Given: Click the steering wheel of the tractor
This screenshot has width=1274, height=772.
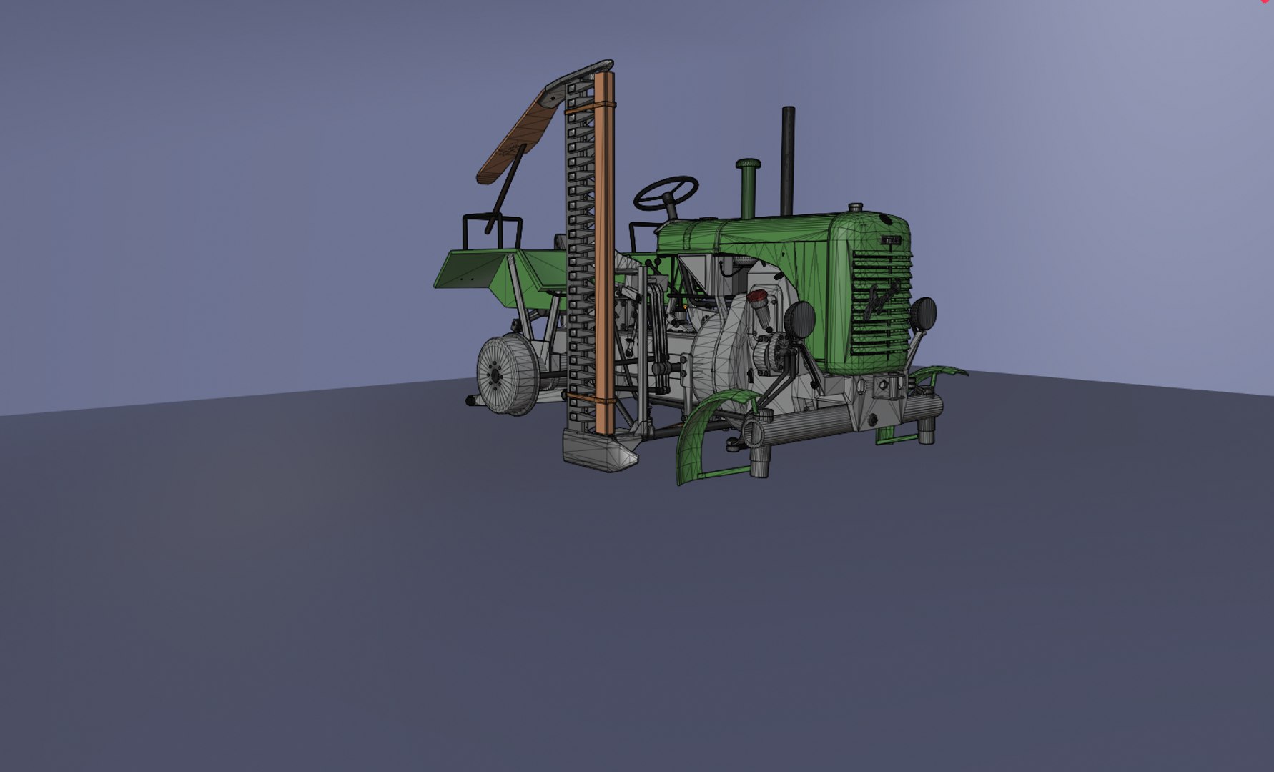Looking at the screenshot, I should pos(666,192).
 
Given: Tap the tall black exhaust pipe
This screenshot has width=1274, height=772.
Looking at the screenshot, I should pos(788,157).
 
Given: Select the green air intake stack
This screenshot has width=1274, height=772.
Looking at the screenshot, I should pos(748,186).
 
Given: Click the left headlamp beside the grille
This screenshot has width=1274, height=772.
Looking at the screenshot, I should pos(801,319).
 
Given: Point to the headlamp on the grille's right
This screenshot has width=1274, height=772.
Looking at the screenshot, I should pos(923,313).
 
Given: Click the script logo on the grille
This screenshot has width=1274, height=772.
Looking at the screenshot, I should pos(882,301).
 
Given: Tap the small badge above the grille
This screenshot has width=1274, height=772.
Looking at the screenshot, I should pos(891,241).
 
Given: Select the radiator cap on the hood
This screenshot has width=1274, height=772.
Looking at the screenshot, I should pos(855,208).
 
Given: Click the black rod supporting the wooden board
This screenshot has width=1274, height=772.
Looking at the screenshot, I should pos(505,189).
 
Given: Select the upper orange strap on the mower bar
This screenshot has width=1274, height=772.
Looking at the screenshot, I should pos(591,108).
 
